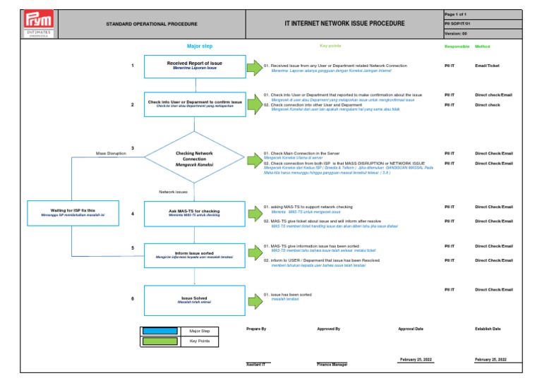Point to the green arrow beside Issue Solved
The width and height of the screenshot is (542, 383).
pyautogui.click(x=253, y=299)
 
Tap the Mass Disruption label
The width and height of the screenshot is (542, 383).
pyautogui.click(x=111, y=153)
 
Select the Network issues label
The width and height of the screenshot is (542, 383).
pyautogui.click(x=173, y=191)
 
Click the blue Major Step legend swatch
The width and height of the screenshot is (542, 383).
pyautogui.click(x=160, y=331)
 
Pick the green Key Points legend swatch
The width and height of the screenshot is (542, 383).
pyautogui.click(x=160, y=341)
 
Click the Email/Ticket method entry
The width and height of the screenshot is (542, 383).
pyautogui.click(x=487, y=66)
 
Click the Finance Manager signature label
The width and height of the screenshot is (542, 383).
pyautogui.click(x=335, y=365)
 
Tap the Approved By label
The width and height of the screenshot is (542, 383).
pyautogui.click(x=329, y=329)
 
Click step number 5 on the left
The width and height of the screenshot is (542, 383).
pyautogui.click(x=132, y=248)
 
